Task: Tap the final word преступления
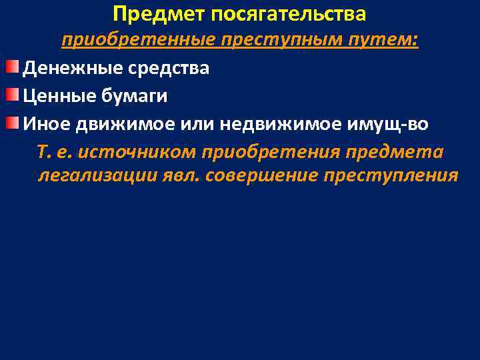(x=391, y=176)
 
